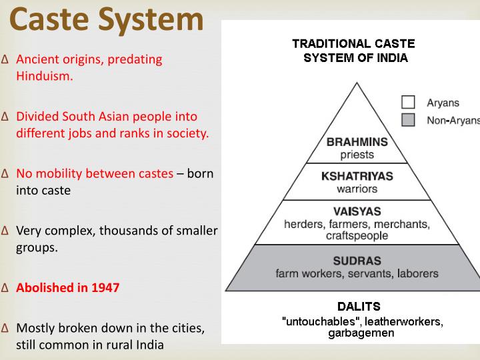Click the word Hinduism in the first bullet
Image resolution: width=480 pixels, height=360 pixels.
(44, 76)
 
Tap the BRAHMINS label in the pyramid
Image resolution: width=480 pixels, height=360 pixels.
(357, 142)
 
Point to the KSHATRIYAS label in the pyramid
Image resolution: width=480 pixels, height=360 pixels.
(357, 177)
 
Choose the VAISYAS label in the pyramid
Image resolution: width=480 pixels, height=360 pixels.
(357, 211)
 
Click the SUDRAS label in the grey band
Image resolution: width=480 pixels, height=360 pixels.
(357, 260)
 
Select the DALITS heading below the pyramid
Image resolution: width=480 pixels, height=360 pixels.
(359, 307)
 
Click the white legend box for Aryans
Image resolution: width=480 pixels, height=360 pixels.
(407, 103)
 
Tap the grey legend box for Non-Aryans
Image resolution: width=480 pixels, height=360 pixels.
(407, 120)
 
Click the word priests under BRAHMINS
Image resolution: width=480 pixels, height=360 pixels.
(357, 155)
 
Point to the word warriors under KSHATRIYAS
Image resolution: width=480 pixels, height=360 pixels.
(357, 189)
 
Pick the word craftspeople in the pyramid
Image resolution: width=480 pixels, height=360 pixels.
(357, 236)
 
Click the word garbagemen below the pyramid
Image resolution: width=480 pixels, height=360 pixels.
(361, 333)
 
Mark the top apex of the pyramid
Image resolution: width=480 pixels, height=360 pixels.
(357, 83)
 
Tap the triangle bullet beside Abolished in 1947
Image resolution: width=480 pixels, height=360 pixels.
(5, 289)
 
